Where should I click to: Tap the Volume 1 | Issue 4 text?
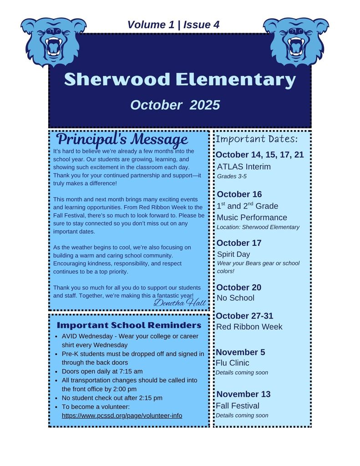tap(173, 25)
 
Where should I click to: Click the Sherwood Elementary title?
tap(180, 80)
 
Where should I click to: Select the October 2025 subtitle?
tap(175, 105)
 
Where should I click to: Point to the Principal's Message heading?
tap(122, 139)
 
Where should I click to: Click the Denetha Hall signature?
tap(180, 302)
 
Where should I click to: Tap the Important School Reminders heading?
tap(129, 325)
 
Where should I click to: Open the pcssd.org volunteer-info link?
tap(122, 415)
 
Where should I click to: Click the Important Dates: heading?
tap(257, 139)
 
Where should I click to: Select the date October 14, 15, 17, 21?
tap(259, 155)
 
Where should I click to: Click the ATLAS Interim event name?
tap(244, 167)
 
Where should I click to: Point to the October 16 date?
tap(239, 194)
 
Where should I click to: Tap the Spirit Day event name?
tap(233, 254)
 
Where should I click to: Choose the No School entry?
tap(235, 298)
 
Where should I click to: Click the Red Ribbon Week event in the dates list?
tap(249, 327)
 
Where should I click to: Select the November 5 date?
tap(240, 352)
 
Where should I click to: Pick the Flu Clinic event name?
tap(233, 363)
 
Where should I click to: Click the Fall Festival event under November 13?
tap(238, 405)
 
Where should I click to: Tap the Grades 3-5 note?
tap(232, 176)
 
